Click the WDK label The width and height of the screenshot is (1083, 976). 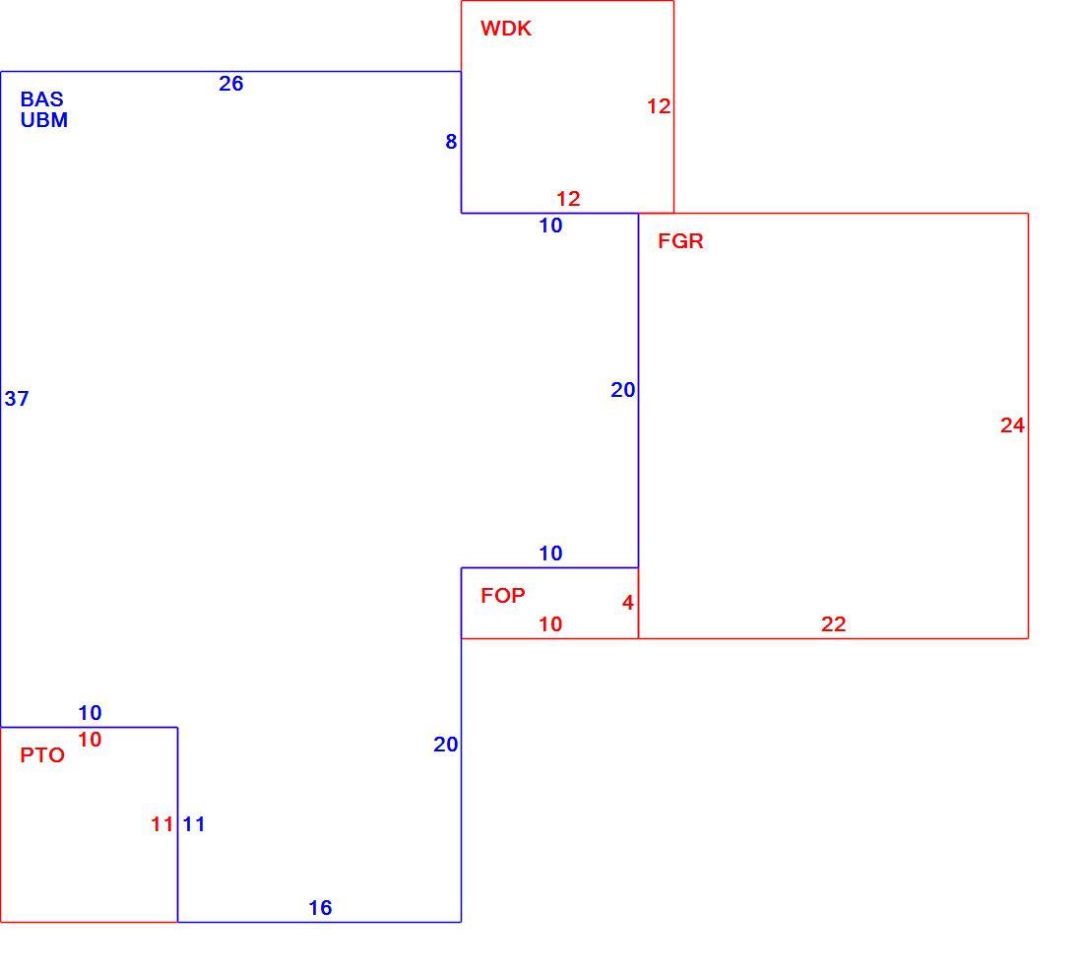506,29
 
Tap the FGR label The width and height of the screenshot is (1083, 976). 680,241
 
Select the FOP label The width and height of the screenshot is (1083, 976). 503,596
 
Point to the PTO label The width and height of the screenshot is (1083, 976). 42,755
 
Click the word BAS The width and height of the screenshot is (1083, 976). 41,99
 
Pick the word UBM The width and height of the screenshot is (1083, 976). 44,120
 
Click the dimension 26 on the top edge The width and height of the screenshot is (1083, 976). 231,84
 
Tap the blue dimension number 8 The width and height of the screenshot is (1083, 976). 451,142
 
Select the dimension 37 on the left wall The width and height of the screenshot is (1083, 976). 17,399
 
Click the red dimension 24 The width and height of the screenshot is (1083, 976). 1012,425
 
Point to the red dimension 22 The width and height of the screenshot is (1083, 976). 834,624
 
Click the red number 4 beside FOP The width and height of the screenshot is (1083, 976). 628,603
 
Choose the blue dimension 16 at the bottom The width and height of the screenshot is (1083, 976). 320,908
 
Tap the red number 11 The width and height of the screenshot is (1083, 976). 162,824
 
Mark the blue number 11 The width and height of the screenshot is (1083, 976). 194,824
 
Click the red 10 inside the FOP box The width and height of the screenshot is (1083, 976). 550,624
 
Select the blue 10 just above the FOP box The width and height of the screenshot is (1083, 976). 550,553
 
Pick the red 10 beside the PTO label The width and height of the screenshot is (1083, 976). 90,740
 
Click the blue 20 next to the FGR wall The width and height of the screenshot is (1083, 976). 623,390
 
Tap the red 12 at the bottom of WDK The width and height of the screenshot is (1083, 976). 568,199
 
